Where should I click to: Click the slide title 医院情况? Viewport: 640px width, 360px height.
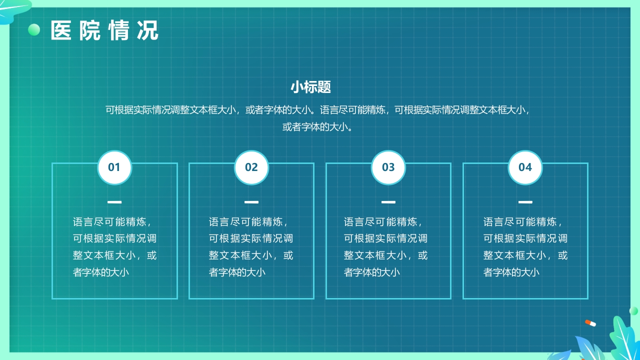[x=104, y=30]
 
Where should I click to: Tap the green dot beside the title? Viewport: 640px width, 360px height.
[x=34, y=30]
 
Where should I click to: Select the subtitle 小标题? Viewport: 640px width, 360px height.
[x=310, y=87]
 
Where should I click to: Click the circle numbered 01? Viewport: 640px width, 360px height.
[x=114, y=167]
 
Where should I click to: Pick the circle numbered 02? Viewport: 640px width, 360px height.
[x=251, y=167]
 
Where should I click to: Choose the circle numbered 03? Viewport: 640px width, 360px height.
[x=388, y=167]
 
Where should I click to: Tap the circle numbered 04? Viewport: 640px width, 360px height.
[x=525, y=167]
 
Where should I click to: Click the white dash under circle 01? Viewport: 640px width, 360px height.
[x=114, y=202]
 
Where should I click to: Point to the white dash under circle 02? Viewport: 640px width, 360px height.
[x=251, y=202]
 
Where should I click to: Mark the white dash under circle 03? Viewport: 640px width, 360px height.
[x=388, y=202]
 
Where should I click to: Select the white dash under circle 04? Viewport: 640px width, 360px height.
[x=525, y=202]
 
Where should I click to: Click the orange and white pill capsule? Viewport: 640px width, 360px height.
[x=590, y=323]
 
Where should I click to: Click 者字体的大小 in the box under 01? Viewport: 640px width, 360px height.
[x=101, y=272]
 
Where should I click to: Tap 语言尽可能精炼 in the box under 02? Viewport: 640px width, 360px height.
[x=248, y=222]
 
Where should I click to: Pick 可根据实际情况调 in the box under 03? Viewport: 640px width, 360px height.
[x=385, y=238]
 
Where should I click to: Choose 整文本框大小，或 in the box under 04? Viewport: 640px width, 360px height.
[x=525, y=255]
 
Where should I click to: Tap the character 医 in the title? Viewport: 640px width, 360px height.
[x=61, y=30]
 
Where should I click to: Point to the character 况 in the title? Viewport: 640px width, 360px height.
[x=148, y=30]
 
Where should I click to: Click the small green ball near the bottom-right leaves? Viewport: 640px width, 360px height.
[x=633, y=310]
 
